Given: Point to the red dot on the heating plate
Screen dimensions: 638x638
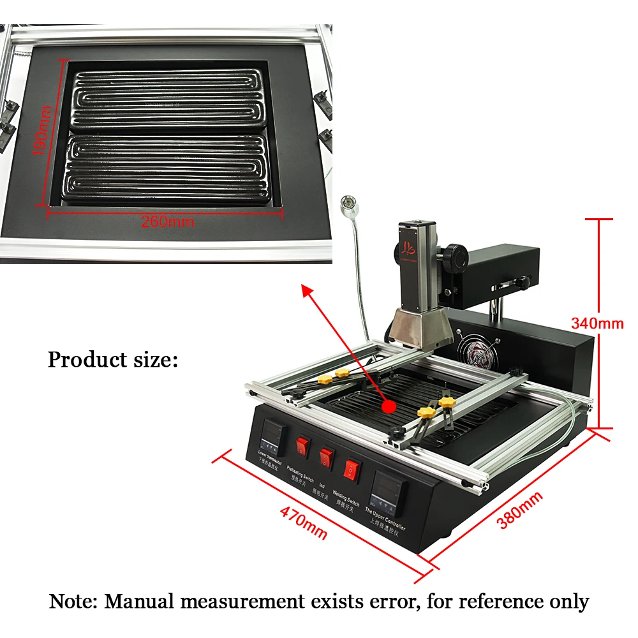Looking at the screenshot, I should click(x=387, y=406).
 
